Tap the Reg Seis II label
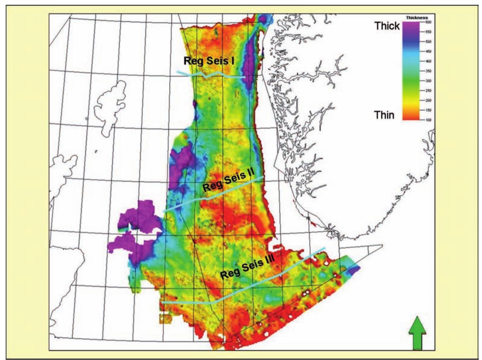coord(228,180)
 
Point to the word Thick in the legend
coord(387,26)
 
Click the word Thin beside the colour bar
coord(384,115)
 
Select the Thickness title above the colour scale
coord(417,18)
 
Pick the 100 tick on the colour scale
coord(428,120)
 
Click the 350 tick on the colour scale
coord(428,71)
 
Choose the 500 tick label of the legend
coord(428,42)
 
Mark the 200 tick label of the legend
coord(428,100)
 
